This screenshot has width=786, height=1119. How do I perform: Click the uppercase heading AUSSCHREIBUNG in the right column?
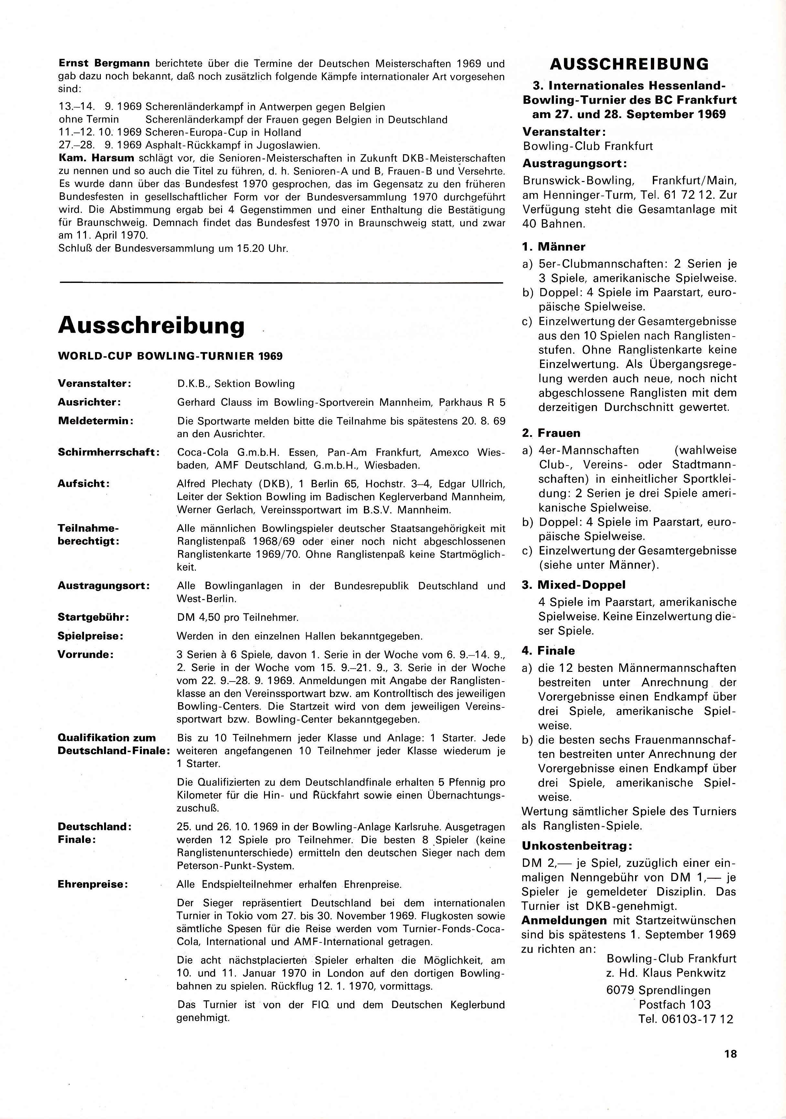point(629,64)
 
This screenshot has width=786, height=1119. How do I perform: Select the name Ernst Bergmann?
point(104,63)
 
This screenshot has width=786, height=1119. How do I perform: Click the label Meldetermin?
point(96,420)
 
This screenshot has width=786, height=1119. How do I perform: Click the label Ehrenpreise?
point(92,884)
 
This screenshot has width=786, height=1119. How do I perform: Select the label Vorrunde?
point(86,654)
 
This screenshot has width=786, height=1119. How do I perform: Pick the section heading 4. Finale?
point(548,651)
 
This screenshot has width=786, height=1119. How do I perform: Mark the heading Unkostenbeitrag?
point(571,845)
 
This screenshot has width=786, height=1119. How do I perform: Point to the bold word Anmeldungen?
point(564,920)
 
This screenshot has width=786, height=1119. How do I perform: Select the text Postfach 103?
point(675,1005)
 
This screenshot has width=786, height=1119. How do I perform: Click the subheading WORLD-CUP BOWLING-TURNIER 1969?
point(170,356)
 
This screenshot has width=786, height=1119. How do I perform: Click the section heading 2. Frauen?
point(551,433)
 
